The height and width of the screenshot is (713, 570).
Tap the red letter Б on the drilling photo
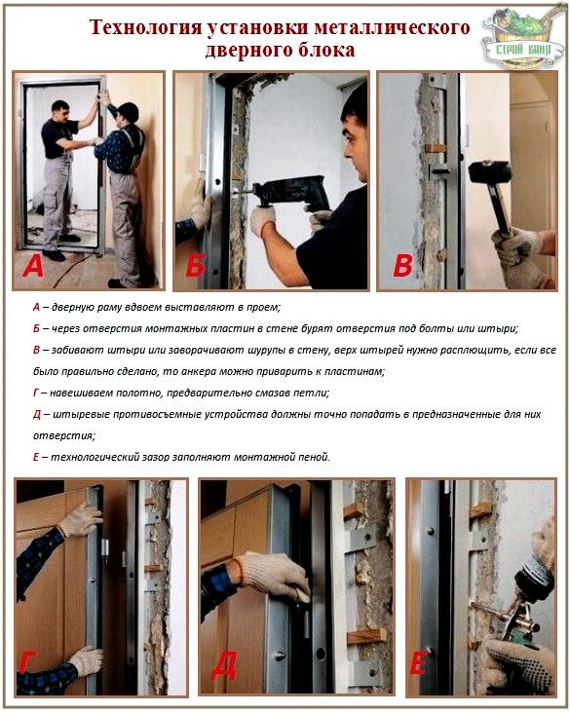194,264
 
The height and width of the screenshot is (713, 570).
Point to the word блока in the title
326,50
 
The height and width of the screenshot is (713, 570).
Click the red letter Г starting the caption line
35,393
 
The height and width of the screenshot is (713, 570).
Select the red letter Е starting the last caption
35,456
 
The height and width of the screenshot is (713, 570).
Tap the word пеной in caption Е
312,456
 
